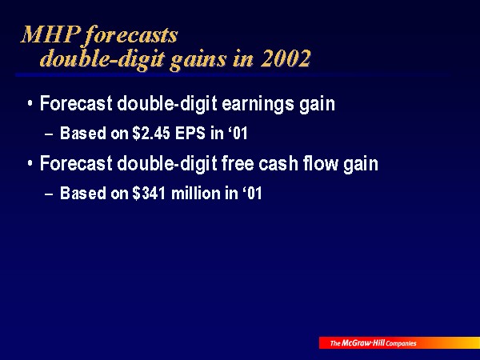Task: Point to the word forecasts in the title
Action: [131, 35]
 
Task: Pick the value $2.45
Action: [151, 134]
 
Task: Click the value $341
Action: [149, 194]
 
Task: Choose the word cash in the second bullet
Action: [278, 164]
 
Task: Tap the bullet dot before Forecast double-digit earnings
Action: [30, 103]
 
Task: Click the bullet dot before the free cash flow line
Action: [30, 163]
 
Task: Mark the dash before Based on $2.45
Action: [49, 134]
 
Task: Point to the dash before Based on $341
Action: [49, 194]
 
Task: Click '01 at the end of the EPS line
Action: [238, 134]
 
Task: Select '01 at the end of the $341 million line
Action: [253, 194]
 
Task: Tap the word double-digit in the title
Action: [103, 58]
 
